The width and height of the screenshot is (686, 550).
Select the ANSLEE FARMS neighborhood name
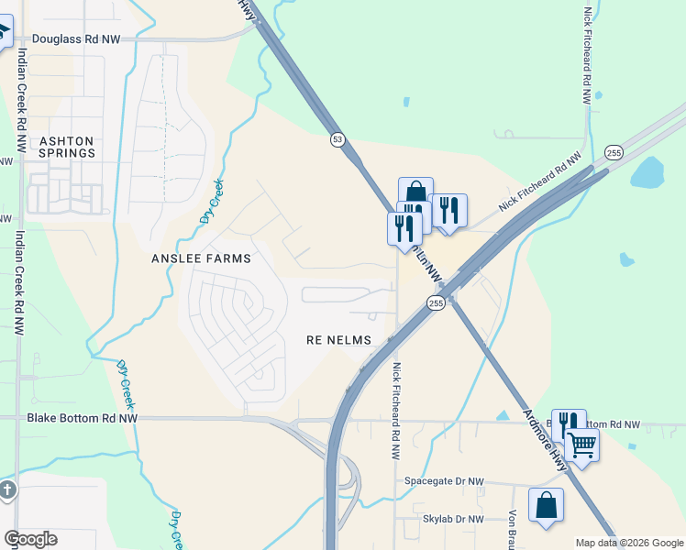click(201, 259)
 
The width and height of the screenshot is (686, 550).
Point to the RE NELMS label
click(338, 340)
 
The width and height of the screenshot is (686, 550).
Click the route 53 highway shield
click(338, 139)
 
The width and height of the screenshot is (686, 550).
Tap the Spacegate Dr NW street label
click(444, 481)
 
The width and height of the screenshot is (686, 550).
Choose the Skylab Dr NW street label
click(452, 520)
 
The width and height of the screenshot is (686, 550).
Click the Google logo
click(30, 539)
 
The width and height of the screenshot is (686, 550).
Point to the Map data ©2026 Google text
click(628, 543)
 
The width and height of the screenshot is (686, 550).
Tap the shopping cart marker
click(581, 445)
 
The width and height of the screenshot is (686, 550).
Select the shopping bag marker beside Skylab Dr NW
click(546, 506)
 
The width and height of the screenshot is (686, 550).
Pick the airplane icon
click(3, 33)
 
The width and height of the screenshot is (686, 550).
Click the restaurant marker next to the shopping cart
click(569, 424)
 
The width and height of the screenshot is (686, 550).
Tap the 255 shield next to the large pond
click(614, 152)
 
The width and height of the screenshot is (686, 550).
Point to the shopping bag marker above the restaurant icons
click(415, 192)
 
